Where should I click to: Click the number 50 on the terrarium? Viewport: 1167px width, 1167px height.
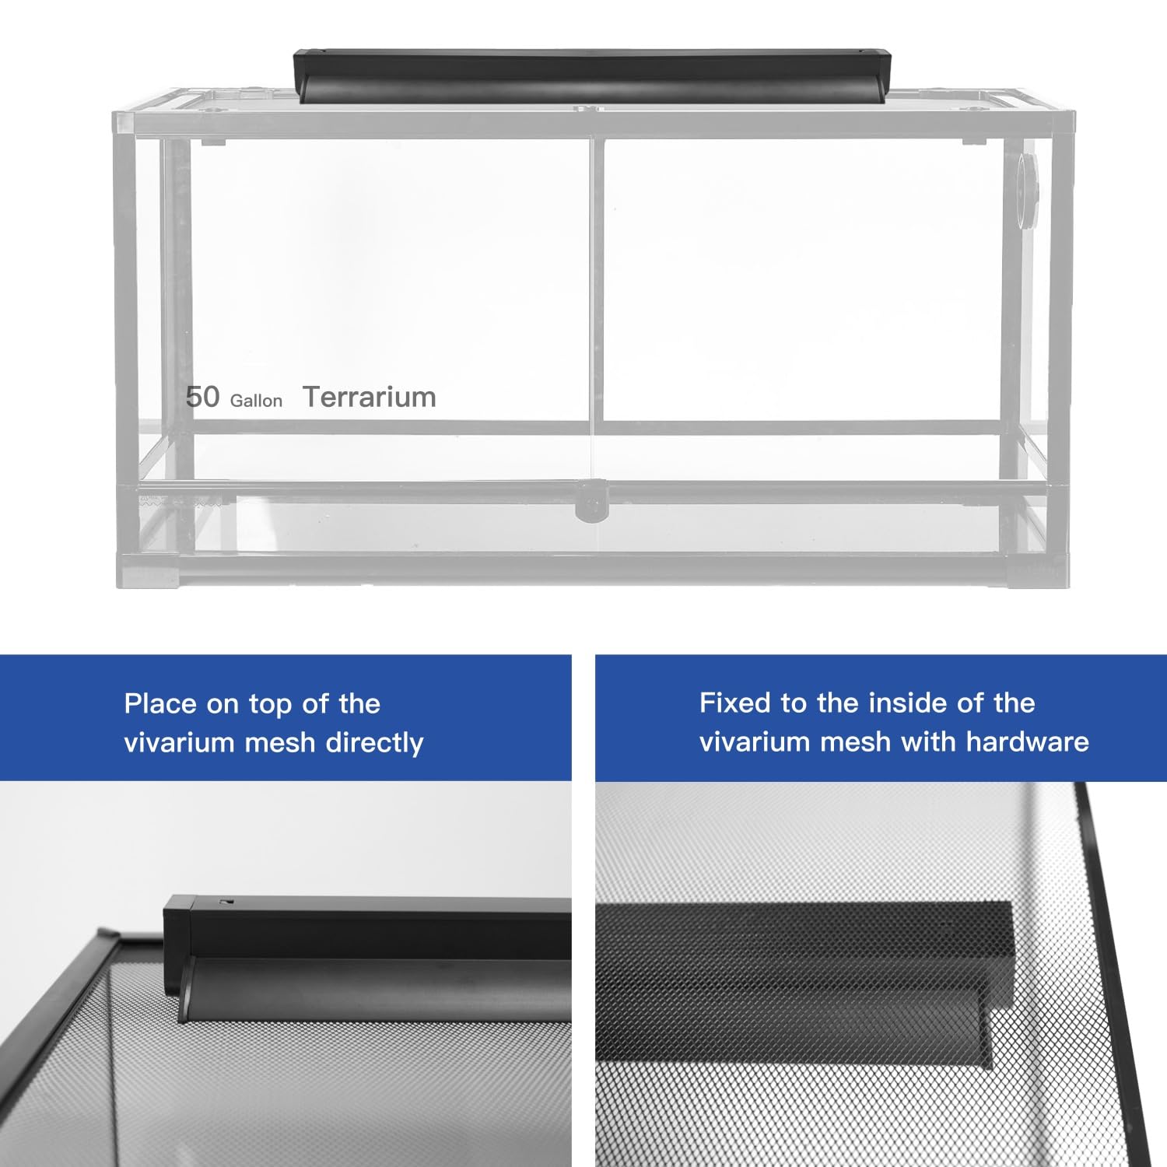[202, 397]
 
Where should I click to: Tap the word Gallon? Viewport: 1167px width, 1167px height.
[256, 401]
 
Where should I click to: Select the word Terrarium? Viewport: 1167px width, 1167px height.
[369, 397]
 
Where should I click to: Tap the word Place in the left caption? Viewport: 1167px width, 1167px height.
[160, 704]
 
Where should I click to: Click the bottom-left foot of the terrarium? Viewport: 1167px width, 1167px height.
[149, 571]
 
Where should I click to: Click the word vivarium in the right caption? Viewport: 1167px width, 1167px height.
[755, 741]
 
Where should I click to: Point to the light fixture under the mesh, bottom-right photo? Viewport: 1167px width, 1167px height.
[805, 984]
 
